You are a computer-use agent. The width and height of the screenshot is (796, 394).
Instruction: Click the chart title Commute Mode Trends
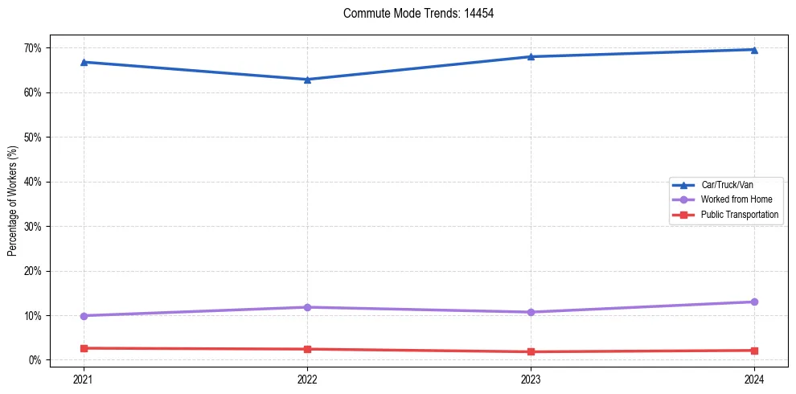(x=412, y=14)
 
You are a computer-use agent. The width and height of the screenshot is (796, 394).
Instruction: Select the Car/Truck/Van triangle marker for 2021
(x=84, y=62)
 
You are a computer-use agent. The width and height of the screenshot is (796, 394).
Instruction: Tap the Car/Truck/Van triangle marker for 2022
(x=307, y=80)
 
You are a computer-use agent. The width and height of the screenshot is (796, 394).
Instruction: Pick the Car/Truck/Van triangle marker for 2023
(x=531, y=56)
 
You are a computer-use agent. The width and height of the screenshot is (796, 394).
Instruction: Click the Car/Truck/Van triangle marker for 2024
(x=754, y=50)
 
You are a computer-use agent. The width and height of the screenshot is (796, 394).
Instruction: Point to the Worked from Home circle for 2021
(x=84, y=316)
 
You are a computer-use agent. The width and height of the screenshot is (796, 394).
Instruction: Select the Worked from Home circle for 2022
(x=307, y=307)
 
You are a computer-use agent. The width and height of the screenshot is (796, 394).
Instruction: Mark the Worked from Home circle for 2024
(x=754, y=302)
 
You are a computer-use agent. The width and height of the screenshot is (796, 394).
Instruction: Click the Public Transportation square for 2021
(x=84, y=348)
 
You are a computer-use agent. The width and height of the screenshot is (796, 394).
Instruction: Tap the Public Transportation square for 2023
(x=531, y=351)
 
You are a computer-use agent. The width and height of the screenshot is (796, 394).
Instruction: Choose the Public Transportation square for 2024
(x=754, y=351)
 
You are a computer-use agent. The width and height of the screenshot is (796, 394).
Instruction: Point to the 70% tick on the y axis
(x=32, y=48)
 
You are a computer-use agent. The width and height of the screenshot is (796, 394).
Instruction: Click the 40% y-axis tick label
(x=32, y=182)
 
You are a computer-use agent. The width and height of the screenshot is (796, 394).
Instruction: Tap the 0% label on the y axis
(x=35, y=360)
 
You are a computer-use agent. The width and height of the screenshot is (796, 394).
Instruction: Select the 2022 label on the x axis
(x=307, y=379)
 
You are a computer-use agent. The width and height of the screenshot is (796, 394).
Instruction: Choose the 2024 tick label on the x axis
(x=754, y=379)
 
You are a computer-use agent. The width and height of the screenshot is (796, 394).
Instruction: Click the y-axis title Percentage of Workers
(x=13, y=201)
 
